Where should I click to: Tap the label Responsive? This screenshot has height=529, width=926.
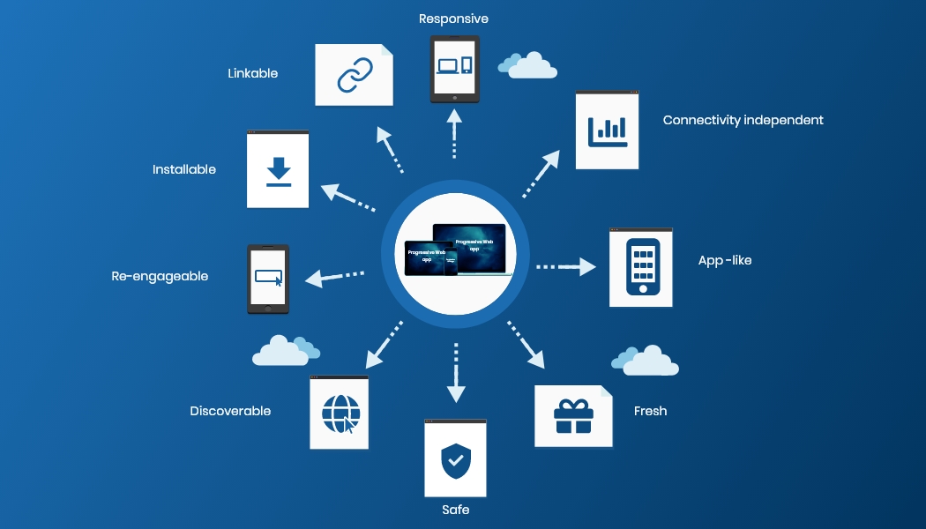[x=453, y=19]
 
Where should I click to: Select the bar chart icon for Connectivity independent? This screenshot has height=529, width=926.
[x=607, y=130]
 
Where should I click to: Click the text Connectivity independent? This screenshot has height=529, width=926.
[x=743, y=120]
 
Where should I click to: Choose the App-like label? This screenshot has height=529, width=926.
[x=724, y=260]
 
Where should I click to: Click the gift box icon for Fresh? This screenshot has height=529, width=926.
[x=573, y=416]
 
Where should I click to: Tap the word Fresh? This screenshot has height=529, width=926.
[x=650, y=411]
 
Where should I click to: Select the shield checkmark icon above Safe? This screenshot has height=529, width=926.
[x=455, y=460]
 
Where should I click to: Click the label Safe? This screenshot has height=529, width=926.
[x=455, y=510]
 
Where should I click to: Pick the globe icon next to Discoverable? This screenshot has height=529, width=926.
[x=340, y=413]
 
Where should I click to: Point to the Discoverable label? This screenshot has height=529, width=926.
[x=230, y=411]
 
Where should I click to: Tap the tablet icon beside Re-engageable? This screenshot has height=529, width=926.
[x=267, y=279]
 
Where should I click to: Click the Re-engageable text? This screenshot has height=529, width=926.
[x=160, y=276]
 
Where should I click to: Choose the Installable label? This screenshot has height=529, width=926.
[x=183, y=169]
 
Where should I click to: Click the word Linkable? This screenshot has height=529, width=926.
[x=252, y=73]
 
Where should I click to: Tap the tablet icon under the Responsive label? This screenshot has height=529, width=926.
[x=454, y=68]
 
